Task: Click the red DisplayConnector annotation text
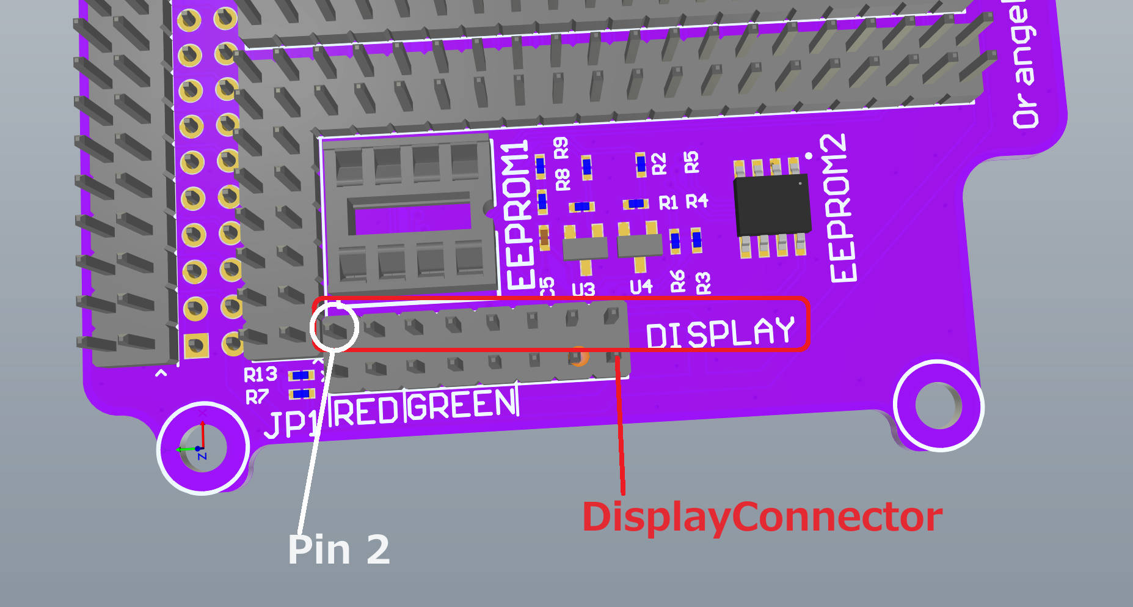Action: [762, 517]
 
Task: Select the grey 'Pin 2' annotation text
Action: [338, 550]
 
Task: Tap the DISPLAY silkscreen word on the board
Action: [720, 334]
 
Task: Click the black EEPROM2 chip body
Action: [773, 205]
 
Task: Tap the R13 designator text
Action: [260, 374]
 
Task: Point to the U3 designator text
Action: [583, 289]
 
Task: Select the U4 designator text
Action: [641, 286]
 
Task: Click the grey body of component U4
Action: [639, 245]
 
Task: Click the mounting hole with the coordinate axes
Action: [203, 448]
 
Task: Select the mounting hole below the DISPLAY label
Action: [938, 405]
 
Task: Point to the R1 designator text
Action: [668, 203]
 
